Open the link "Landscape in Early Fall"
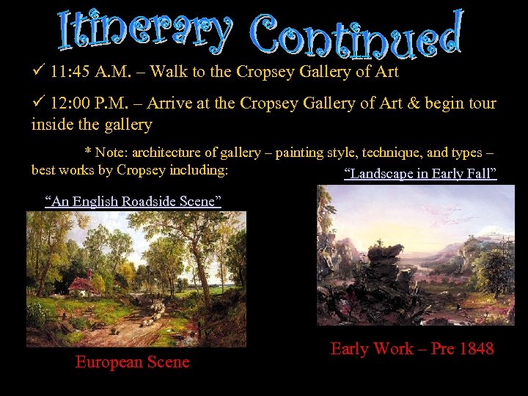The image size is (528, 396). point(420,174)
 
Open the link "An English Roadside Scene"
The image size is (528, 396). point(133,201)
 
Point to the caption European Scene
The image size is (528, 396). point(132,362)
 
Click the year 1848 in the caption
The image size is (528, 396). point(475,348)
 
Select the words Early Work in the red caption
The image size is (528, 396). point(372,348)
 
